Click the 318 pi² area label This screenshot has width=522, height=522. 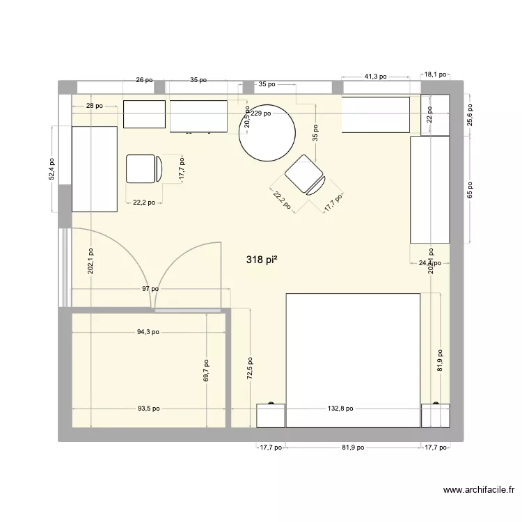click(x=262, y=260)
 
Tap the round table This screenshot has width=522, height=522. click(x=267, y=135)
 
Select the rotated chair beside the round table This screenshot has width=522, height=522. click(x=305, y=175)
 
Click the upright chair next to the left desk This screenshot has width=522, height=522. click(x=144, y=168)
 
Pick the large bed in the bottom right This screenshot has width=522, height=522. click(x=353, y=360)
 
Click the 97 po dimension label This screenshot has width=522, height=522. click(x=149, y=289)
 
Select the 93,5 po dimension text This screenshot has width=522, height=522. click(x=148, y=409)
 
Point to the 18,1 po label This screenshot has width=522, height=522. click(x=438, y=72)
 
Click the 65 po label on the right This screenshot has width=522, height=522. click(x=470, y=190)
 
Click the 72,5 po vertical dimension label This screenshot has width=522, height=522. click(x=250, y=369)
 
